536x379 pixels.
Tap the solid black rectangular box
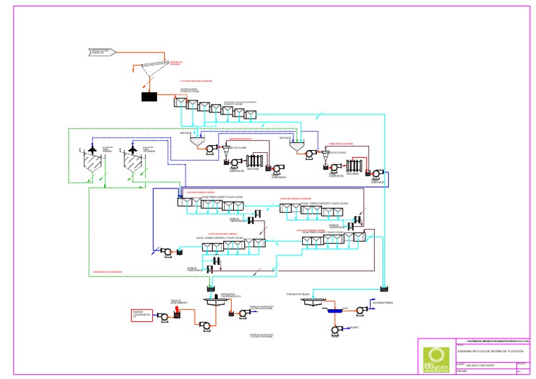149,96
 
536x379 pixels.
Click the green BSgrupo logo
435,356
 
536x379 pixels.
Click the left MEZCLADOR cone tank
199,140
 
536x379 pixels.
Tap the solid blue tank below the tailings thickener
334,312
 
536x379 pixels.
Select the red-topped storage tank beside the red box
177,314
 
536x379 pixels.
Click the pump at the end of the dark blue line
167,252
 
